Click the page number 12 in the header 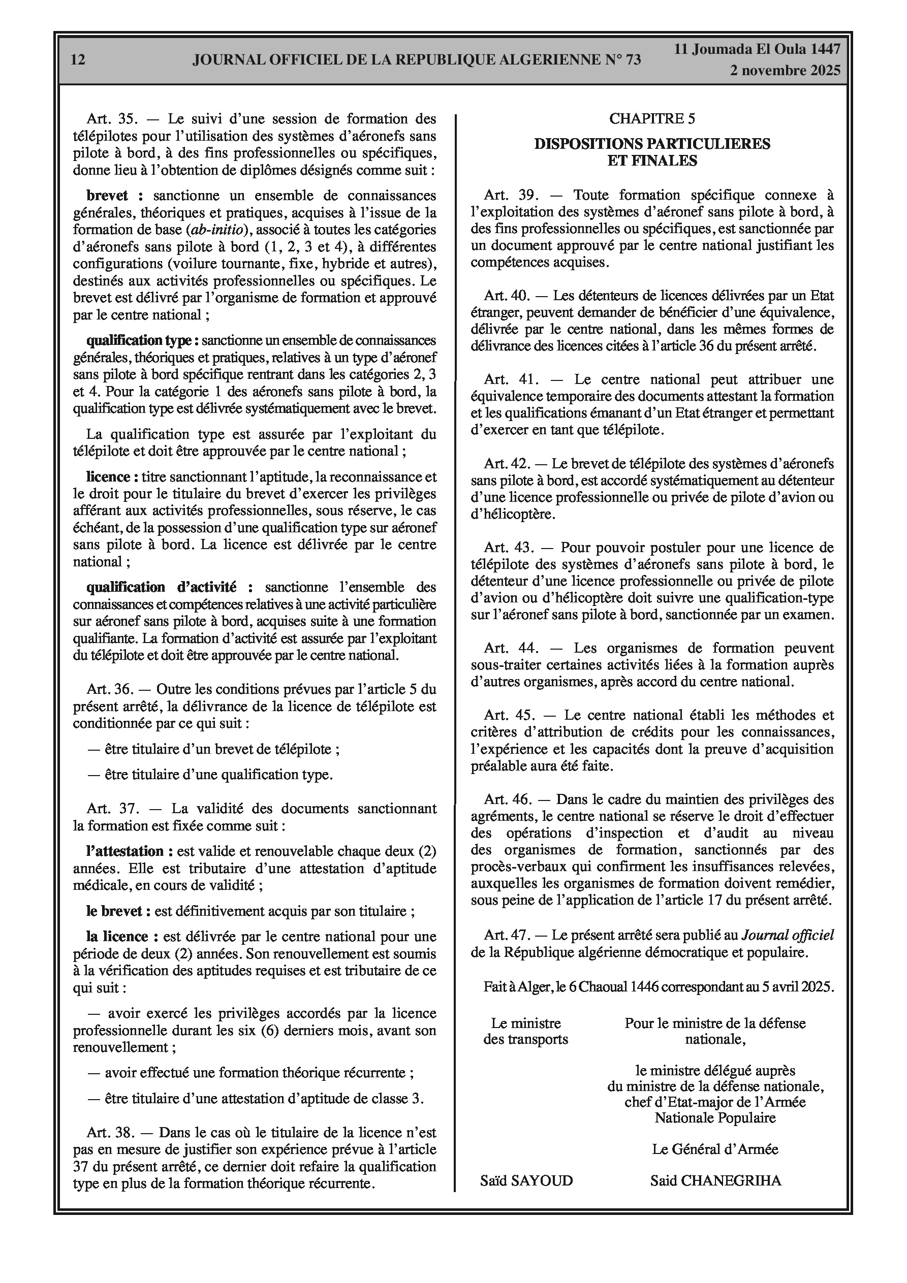(78, 60)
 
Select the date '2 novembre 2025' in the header (785, 71)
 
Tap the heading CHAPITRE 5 (652, 118)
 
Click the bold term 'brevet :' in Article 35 (115, 196)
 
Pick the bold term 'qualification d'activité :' (169, 587)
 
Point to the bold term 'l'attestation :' (124, 851)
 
